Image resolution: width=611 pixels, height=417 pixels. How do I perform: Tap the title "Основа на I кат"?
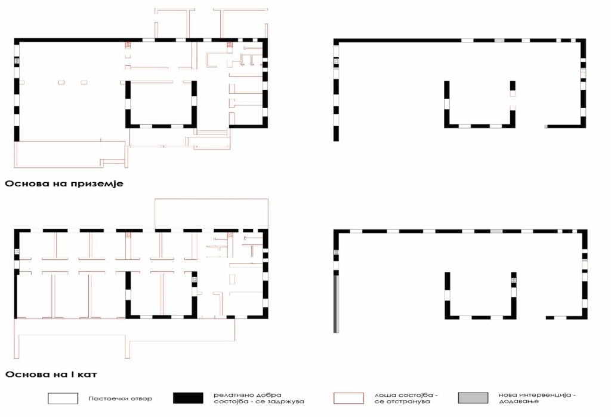click(x=51, y=375)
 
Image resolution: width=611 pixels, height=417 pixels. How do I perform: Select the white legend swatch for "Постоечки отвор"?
click(x=63, y=398)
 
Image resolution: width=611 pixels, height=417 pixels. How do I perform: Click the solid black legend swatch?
click(x=188, y=398)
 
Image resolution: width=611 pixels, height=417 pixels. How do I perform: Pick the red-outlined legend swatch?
click(x=348, y=398)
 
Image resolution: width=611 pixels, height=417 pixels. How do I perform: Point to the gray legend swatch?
click(x=473, y=397)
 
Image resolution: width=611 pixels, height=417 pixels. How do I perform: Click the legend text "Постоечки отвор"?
click(x=120, y=398)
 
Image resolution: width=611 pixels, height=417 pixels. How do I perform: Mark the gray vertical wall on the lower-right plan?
click(x=337, y=304)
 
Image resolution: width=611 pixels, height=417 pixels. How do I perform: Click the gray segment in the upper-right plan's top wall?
click(x=499, y=40)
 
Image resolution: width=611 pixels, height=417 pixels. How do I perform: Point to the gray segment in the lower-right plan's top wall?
click(x=496, y=231)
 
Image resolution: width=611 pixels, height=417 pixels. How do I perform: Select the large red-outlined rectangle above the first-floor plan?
click(x=212, y=214)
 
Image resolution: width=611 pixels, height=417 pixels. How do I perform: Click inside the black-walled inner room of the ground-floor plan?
click(x=161, y=103)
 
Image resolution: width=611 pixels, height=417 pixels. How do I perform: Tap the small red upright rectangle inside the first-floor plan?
click(x=232, y=280)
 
